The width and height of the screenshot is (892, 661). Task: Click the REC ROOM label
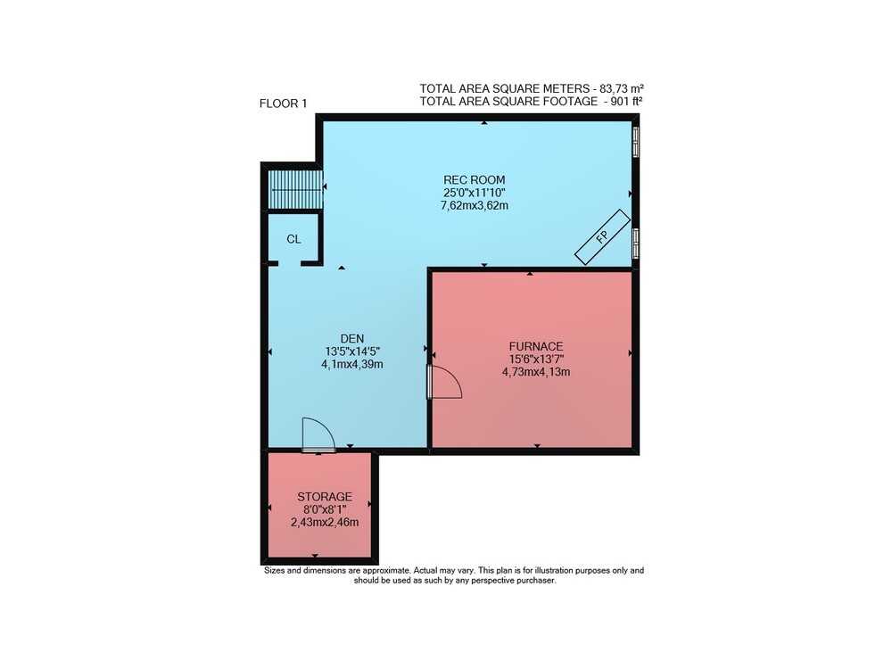[x=474, y=180]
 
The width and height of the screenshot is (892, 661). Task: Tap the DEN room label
[x=352, y=338]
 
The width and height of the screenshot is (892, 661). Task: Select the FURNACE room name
[x=536, y=346]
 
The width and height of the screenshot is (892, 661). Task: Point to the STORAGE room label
[x=325, y=497]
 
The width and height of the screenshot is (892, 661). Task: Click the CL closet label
[x=293, y=239]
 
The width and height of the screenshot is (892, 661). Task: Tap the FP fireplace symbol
[x=602, y=237]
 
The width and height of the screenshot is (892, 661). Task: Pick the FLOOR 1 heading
[x=283, y=103]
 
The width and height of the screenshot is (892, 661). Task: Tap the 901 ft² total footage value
[x=626, y=102]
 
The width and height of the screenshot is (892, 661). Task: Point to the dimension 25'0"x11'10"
[x=475, y=193]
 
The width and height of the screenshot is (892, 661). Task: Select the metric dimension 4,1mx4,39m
[x=352, y=365]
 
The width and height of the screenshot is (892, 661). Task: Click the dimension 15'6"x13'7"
[x=536, y=359]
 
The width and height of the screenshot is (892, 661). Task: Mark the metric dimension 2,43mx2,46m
[x=325, y=523]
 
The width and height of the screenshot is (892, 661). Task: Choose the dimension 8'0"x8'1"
[x=325, y=509]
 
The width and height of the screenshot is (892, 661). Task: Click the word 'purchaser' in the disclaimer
[x=535, y=581]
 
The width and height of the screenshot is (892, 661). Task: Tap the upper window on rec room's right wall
[x=635, y=142]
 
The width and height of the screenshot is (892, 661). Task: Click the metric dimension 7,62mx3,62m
[x=475, y=206]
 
